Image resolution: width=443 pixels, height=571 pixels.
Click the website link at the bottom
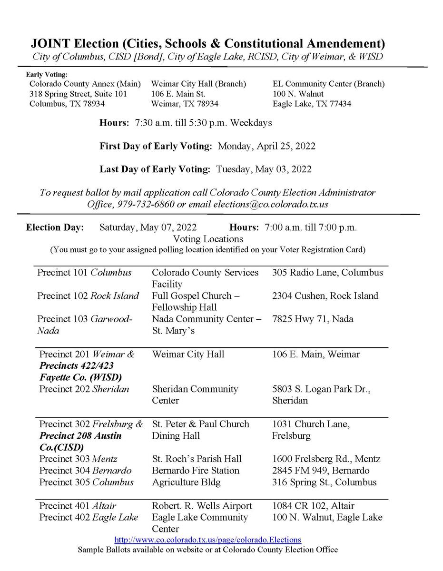(x=208, y=540)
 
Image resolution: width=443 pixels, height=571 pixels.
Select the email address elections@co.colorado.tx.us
(x=271, y=204)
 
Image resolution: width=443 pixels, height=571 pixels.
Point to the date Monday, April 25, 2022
(x=266, y=146)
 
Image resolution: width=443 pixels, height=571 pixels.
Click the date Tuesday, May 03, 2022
(x=265, y=169)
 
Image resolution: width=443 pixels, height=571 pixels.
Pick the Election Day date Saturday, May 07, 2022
(x=148, y=227)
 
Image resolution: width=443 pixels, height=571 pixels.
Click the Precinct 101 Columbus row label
(x=84, y=273)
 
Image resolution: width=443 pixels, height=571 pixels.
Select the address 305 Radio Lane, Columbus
(x=327, y=273)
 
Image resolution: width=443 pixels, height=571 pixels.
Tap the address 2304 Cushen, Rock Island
(x=325, y=295)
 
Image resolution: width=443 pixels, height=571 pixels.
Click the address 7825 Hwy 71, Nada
(x=313, y=319)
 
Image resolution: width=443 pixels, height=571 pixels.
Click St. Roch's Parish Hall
(x=197, y=459)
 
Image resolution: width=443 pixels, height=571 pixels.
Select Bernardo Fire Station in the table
(x=196, y=471)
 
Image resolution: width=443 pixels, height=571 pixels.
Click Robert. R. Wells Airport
(x=202, y=505)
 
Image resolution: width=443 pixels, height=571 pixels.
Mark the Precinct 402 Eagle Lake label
(x=89, y=517)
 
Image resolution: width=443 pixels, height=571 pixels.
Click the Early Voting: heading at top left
(x=47, y=74)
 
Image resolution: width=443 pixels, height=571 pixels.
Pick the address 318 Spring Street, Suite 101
(x=78, y=94)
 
